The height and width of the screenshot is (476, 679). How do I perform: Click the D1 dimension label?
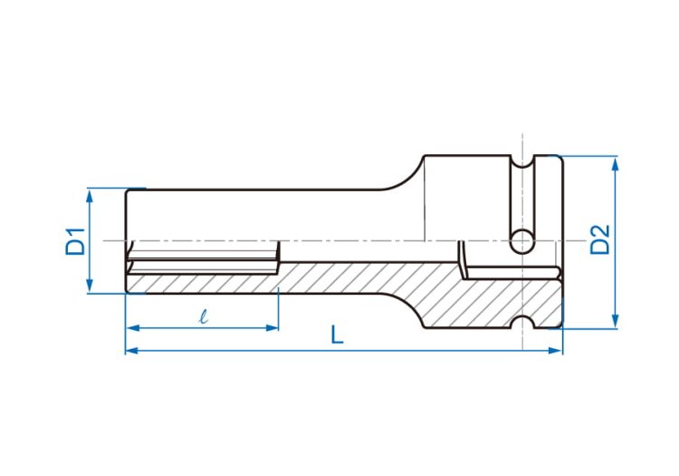(x=75, y=240)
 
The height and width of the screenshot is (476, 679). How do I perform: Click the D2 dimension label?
(x=600, y=239)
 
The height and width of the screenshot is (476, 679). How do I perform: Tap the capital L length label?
(x=337, y=335)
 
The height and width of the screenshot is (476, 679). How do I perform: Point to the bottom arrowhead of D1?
(x=90, y=285)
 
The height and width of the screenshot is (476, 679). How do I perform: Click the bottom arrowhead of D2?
(x=615, y=320)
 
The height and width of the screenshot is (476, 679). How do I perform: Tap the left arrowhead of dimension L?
(x=132, y=350)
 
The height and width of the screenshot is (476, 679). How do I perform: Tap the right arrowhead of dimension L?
(x=555, y=350)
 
